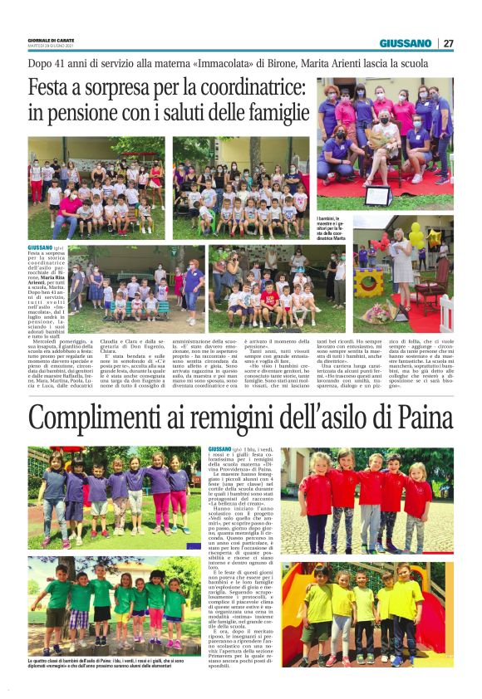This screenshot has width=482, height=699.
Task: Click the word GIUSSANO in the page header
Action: point(406,43)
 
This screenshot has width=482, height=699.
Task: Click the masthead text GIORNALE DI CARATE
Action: point(52,40)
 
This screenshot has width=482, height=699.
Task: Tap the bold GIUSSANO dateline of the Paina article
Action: point(219,449)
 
